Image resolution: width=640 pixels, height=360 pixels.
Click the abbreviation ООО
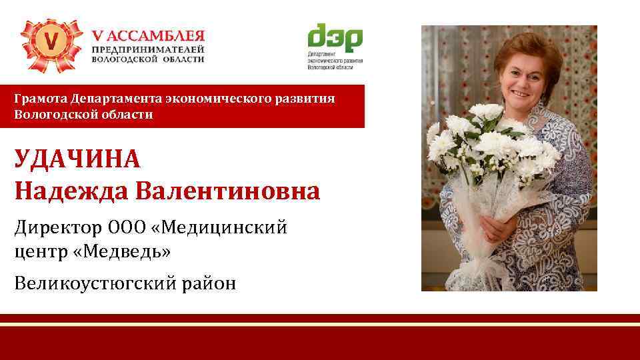[125, 228]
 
